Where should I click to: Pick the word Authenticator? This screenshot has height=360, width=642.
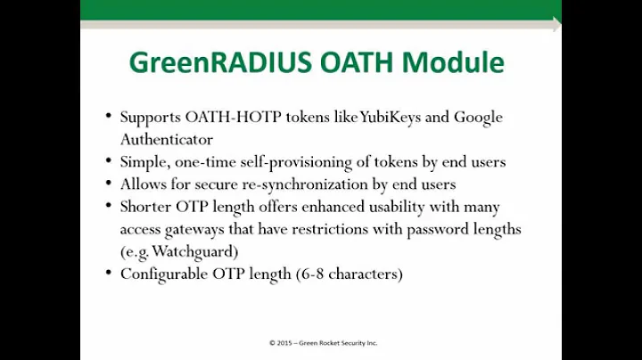point(167,139)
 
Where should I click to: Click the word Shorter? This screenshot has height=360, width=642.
point(146,207)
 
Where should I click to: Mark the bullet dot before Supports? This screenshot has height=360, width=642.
point(108,118)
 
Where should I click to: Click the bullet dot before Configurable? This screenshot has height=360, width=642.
point(108,274)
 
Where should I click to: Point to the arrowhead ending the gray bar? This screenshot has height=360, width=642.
point(556,25)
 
